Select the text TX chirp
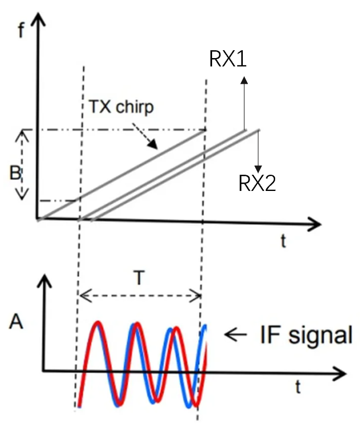tap(120, 107)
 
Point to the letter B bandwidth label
tap(16, 173)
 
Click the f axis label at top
tap(21, 30)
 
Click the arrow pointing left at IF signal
tap(236, 335)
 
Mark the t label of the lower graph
tap(298, 385)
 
